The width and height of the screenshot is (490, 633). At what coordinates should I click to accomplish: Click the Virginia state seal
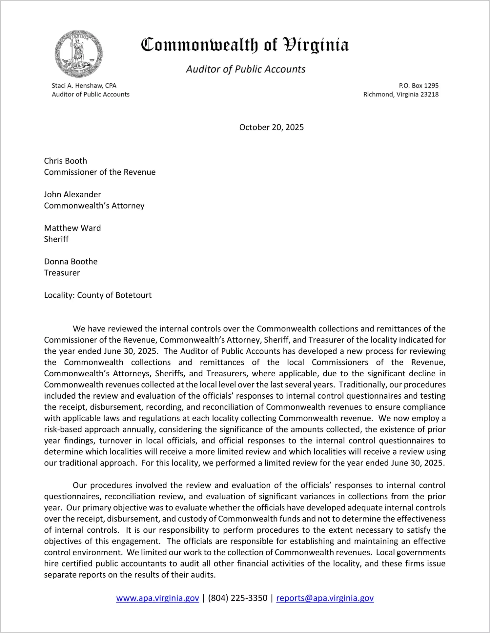[x=79, y=54]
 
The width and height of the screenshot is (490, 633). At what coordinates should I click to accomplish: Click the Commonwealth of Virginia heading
[x=245, y=45]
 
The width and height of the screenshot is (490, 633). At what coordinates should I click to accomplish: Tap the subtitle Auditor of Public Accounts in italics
[x=246, y=69]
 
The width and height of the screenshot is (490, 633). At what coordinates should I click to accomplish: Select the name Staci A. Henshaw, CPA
[x=84, y=86]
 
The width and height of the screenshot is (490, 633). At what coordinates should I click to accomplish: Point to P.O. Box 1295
[x=419, y=86]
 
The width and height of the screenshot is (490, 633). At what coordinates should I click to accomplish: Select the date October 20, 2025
[x=271, y=127]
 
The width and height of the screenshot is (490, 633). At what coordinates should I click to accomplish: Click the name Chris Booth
[x=66, y=161]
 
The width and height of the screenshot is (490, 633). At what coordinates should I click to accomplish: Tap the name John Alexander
[x=72, y=194]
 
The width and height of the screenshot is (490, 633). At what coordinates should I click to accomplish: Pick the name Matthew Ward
[x=72, y=228]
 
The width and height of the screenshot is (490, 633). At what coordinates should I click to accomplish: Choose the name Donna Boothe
[x=71, y=262]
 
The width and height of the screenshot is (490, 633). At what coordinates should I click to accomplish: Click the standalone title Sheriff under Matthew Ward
[x=56, y=239]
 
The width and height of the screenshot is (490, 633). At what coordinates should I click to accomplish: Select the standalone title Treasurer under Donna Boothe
[x=62, y=273]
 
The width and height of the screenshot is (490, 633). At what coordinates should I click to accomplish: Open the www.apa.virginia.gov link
[x=157, y=598]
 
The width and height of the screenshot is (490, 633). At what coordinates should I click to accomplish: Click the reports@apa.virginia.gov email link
[x=325, y=598]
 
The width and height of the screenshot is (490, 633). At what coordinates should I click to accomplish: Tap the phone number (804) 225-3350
[x=237, y=598]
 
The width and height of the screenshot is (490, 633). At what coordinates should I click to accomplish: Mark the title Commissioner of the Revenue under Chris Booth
[x=100, y=172]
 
